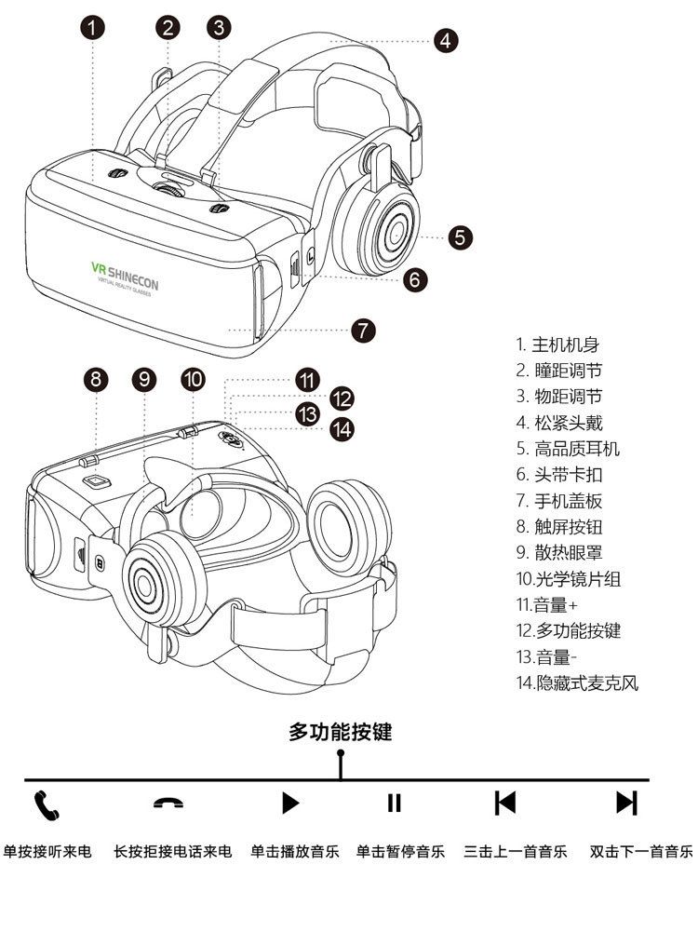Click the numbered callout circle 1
[x=92, y=26]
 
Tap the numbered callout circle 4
[x=446, y=40]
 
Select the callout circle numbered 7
[x=364, y=329]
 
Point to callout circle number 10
[x=194, y=379]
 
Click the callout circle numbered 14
[x=342, y=428]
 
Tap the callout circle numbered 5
[x=461, y=236]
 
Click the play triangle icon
[x=290, y=803]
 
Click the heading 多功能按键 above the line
[x=341, y=732]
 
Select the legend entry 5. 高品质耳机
[x=568, y=449]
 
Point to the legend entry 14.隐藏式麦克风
[x=577, y=682]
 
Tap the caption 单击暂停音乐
[x=400, y=851]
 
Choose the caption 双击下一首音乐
[x=642, y=851]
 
